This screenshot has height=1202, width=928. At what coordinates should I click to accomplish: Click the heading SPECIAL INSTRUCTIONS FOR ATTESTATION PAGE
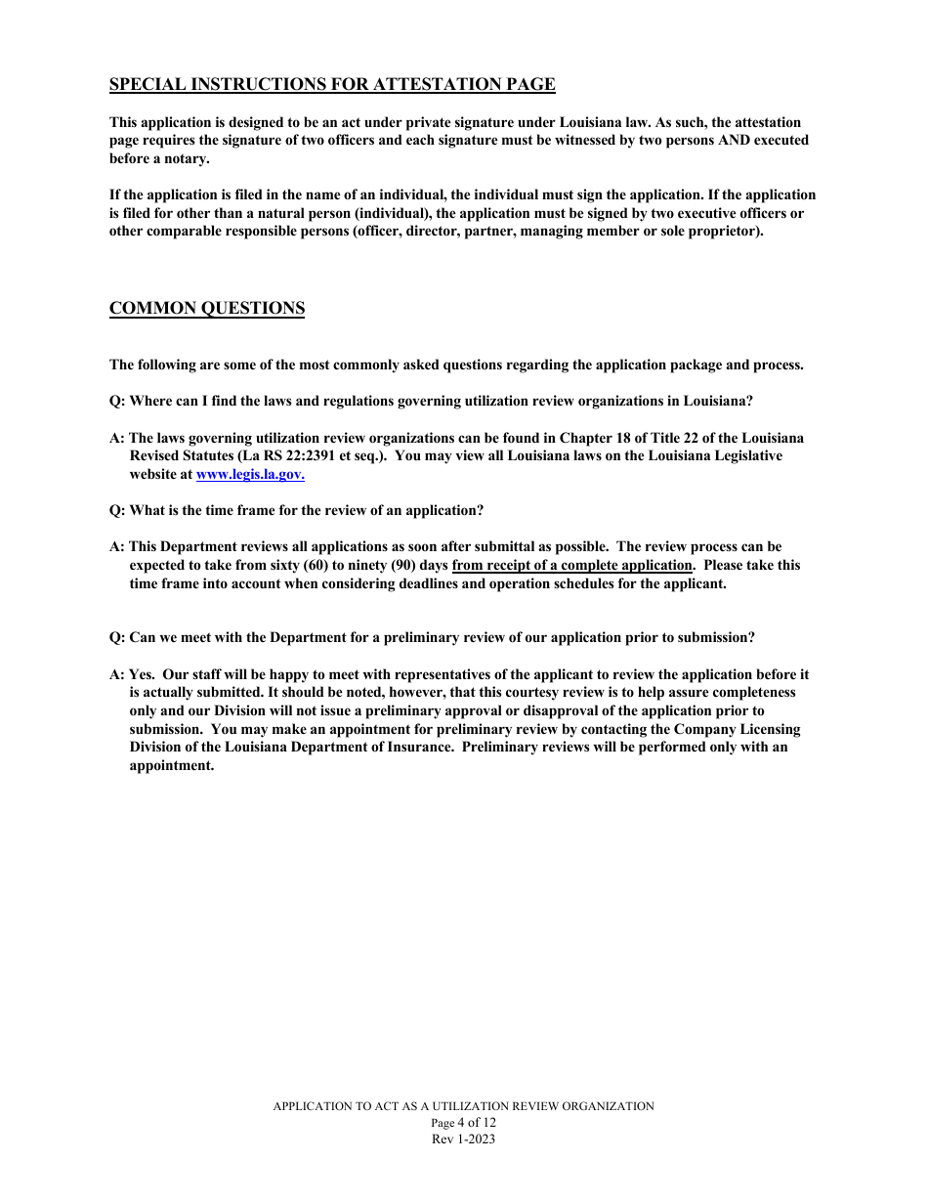(332, 85)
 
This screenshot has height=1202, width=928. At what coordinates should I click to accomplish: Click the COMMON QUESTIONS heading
(207, 309)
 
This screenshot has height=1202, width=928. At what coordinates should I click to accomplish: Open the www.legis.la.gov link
(250, 475)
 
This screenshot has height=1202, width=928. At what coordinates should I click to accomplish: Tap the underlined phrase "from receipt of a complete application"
(573, 566)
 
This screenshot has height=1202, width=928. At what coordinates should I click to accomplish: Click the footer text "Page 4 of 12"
(463, 1123)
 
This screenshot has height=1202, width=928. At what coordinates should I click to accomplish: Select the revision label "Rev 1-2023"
(463, 1139)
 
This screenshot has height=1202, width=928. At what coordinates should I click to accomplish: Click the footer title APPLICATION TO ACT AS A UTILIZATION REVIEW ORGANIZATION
(463, 1106)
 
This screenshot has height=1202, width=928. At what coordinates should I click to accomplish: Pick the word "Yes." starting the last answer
(143, 674)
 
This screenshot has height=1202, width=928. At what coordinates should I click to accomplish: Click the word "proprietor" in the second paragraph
(724, 232)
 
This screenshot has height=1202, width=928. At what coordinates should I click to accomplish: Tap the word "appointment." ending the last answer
(172, 766)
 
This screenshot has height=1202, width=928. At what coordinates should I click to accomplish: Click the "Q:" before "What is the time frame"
(117, 511)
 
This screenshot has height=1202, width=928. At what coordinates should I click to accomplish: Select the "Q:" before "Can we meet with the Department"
(117, 638)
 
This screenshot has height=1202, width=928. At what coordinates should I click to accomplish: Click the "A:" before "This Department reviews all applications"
(117, 547)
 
